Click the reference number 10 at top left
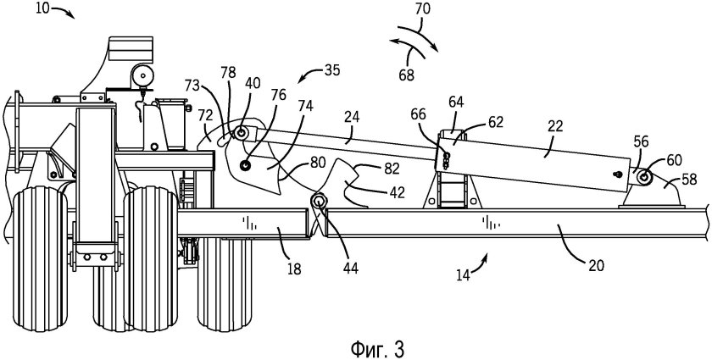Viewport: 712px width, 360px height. [x=43, y=8]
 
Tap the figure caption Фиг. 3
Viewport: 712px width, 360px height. [x=377, y=349]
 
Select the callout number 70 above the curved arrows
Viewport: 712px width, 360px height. [x=422, y=8]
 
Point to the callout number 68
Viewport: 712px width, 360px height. [x=406, y=75]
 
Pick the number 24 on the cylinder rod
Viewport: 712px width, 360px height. [x=352, y=117]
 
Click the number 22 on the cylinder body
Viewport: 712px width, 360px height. [x=555, y=126]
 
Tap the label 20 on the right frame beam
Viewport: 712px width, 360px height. [x=596, y=265]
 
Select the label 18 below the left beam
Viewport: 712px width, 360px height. [x=294, y=269]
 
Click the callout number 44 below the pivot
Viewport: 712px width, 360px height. [x=349, y=269]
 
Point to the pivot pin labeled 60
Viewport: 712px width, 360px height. [x=643, y=178]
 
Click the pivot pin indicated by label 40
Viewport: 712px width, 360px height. [x=240, y=134]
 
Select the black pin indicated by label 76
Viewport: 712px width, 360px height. [x=246, y=166]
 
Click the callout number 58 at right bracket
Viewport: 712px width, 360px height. [x=689, y=180]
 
